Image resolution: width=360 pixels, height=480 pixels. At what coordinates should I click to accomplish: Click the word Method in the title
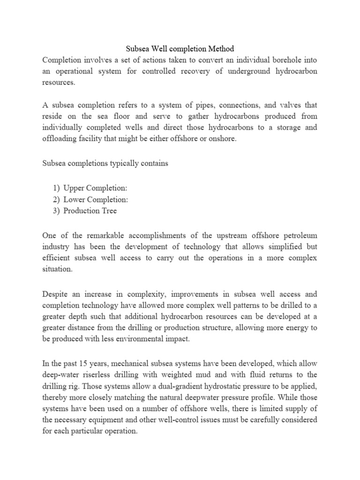coord(218,48)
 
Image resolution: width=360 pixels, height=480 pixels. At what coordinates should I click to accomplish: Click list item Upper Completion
coord(98,188)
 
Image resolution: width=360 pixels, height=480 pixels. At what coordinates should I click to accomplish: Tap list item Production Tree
coord(93,210)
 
